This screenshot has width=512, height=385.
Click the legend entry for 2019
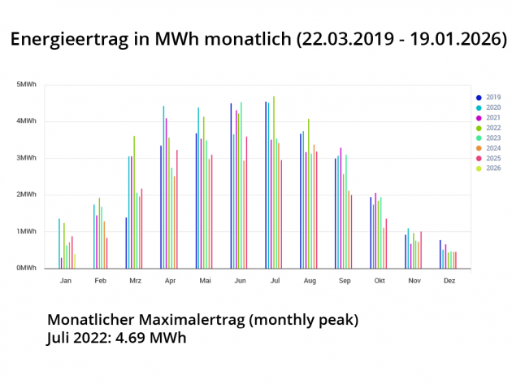[488, 98]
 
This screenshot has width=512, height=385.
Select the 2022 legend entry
[488, 128]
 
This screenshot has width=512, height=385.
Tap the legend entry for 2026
[488, 168]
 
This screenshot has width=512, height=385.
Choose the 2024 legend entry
[488, 148]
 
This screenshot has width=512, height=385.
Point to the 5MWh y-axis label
[27, 85]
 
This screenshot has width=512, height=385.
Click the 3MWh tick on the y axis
[27, 157]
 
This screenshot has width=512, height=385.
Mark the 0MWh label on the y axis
[27, 268]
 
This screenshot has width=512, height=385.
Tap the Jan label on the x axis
[66, 281]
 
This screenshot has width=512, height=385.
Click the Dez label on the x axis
[449, 281]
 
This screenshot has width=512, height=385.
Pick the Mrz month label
[135, 281]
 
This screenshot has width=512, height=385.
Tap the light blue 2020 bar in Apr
[163, 187]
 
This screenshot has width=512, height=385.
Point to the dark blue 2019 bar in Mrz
[126, 243]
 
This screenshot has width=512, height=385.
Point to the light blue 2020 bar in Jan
[59, 243]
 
